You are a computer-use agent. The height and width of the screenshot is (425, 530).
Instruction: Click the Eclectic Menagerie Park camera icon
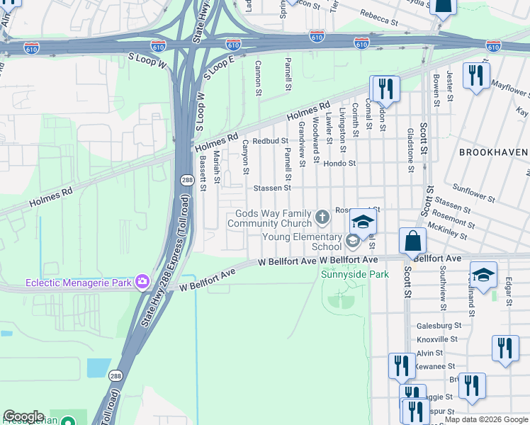(142, 282)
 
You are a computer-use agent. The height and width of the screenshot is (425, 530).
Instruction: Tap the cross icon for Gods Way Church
(322, 216)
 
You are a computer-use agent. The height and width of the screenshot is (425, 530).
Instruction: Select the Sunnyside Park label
(345, 274)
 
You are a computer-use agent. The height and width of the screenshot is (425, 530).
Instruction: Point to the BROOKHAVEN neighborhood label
(493, 152)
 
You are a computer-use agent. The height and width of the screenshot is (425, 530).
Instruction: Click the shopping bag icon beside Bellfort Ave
(412, 241)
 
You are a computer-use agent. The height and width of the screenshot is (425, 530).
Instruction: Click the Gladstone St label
(410, 150)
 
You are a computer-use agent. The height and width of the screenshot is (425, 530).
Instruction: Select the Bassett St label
(202, 173)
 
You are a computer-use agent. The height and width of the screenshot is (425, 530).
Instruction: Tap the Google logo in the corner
(23, 417)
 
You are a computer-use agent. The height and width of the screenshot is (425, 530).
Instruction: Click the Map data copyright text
(486, 420)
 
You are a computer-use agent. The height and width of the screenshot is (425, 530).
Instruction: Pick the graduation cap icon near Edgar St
(483, 274)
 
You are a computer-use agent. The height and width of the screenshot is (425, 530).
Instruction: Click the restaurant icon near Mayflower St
(476, 75)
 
